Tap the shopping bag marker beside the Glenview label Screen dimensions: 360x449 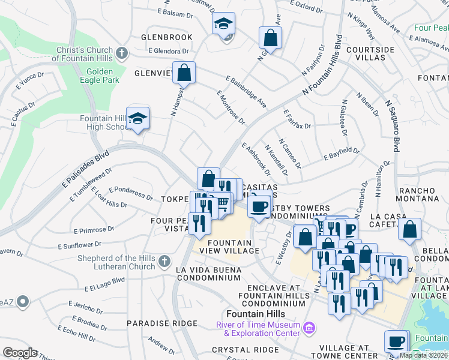click(184, 73)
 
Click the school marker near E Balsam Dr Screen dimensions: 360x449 click(224, 24)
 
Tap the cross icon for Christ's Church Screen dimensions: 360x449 click(122, 53)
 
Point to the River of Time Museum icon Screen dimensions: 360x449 click(310, 328)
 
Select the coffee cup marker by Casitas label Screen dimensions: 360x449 click(259, 206)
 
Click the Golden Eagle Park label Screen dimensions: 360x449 click(98, 76)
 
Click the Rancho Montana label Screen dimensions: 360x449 click(417, 195)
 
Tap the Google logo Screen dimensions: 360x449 click(20, 353)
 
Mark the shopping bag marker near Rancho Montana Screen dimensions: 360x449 click(409, 228)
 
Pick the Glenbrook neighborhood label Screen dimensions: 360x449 click(166, 37)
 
